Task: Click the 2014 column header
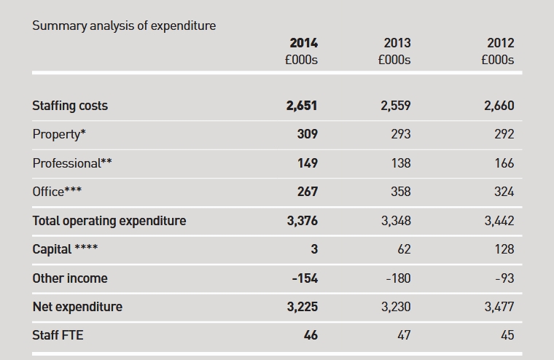tap(304, 43)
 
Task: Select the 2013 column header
tap(397, 43)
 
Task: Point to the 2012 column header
tap(501, 43)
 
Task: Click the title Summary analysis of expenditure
tap(124, 26)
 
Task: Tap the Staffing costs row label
tap(70, 106)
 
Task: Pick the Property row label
tap(59, 135)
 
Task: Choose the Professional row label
tap(72, 163)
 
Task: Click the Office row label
tap(57, 192)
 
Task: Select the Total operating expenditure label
tap(109, 221)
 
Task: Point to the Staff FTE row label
tap(58, 335)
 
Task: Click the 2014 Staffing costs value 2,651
tap(302, 106)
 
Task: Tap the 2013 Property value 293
tap(401, 134)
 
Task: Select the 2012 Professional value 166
tap(504, 163)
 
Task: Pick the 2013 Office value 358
tap(401, 192)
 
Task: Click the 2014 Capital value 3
tap(314, 249)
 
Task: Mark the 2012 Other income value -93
tap(504, 278)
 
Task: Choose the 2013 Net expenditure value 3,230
tap(396, 307)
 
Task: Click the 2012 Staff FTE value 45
tap(507, 335)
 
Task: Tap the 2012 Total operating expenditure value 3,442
tap(499, 221)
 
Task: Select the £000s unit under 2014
tap(301, 60)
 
